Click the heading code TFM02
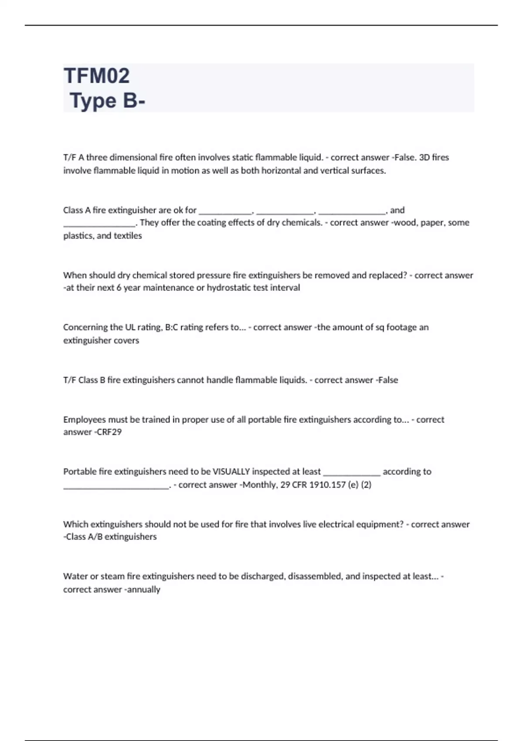tap(97, 76)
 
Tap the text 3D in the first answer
tap(424, 157)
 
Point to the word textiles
tap(128, 236)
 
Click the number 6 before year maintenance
tap(119, 288)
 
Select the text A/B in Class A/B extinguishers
tap(95, 537)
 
